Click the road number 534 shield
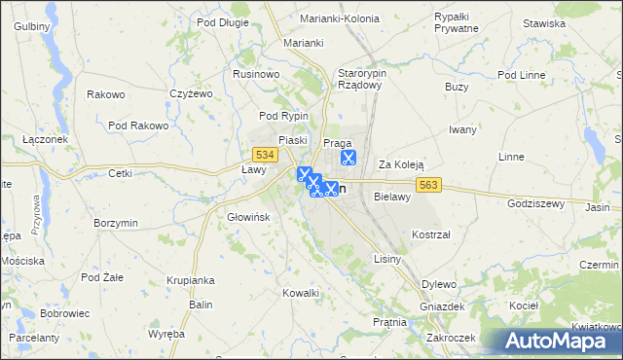tap(262, 155)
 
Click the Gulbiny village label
tap(32, 25)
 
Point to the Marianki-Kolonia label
tap(338, 17)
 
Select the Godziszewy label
tap(536, 203)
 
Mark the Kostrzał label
tap(429, 235)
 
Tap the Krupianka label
tap(189, 280)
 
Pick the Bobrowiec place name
tap(65, 314)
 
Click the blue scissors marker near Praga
tap(348, 156)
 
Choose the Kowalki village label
tap(301, 293)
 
